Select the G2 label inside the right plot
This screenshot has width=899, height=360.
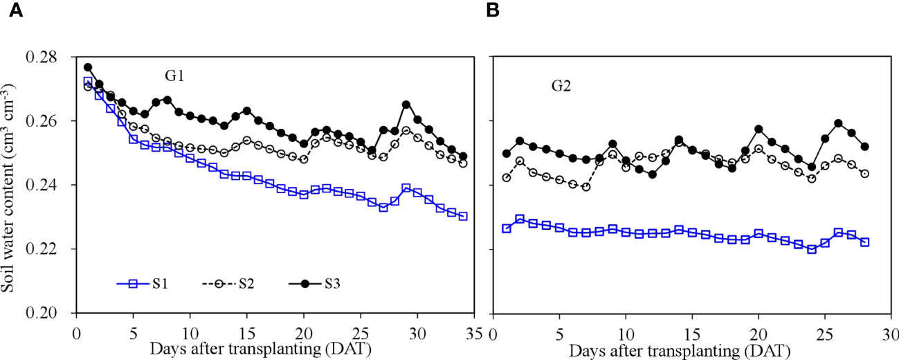pos(561,87)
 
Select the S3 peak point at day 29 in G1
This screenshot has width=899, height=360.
pos(406,105)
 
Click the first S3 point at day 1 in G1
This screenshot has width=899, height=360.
pos(88,67)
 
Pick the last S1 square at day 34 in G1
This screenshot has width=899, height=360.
pos(463,216)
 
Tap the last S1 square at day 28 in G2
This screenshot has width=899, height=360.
pos(864,242)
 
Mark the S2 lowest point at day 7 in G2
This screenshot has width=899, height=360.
pos(586,187)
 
